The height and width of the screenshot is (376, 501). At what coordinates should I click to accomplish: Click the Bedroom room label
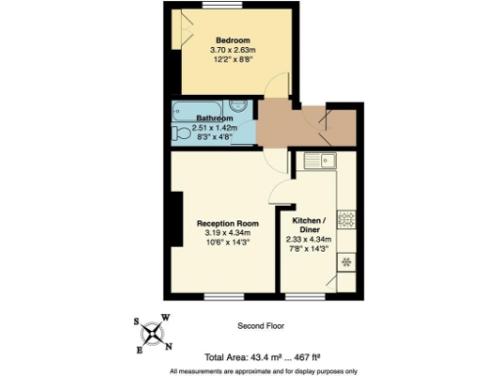pyautogui.click(x=233, y=40)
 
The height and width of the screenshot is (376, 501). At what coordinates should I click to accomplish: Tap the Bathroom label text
pyautogui.click(x=213, y=118)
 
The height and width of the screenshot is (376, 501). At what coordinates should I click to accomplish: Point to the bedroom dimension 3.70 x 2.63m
pyautogui.click(x=233, y=50)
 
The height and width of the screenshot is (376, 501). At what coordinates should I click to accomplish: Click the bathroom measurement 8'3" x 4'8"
pyautogui.click(x=214, y=137)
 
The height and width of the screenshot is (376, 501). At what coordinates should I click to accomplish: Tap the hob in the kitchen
pyautogui.click(x=346, y=218)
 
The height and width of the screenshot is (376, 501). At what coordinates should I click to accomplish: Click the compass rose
pyautogui.click(x=156, y=334)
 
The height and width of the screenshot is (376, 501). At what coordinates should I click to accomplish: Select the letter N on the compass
pyautogui.click(x=169, y=347)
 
